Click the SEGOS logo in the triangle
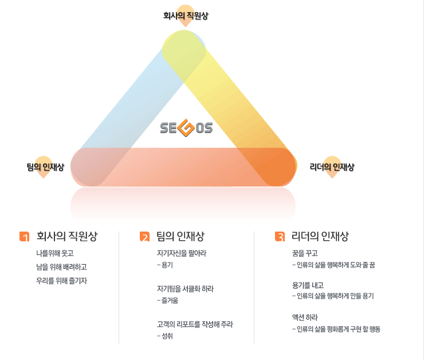186,128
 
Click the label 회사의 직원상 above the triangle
186,16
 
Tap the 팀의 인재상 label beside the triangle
45,167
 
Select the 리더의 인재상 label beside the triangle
332,167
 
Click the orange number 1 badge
24,237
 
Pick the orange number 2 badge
144,237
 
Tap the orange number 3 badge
280,237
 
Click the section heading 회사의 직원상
67,236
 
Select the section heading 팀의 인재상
180,236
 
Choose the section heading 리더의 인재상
320,236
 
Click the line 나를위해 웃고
55,253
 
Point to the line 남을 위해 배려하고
61,267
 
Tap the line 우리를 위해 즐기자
61,280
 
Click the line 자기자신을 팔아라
181,253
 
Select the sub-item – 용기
165,265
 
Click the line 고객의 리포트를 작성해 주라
195,324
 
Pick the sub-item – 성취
165,336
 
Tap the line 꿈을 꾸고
305,253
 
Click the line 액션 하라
305,317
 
